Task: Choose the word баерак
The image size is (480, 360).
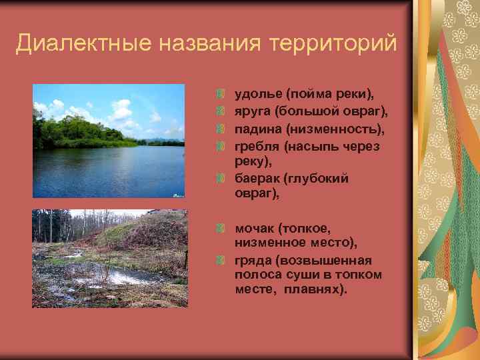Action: point(257,178)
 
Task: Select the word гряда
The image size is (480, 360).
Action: point(252,259)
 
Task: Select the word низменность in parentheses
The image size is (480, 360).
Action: point(333,129)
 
